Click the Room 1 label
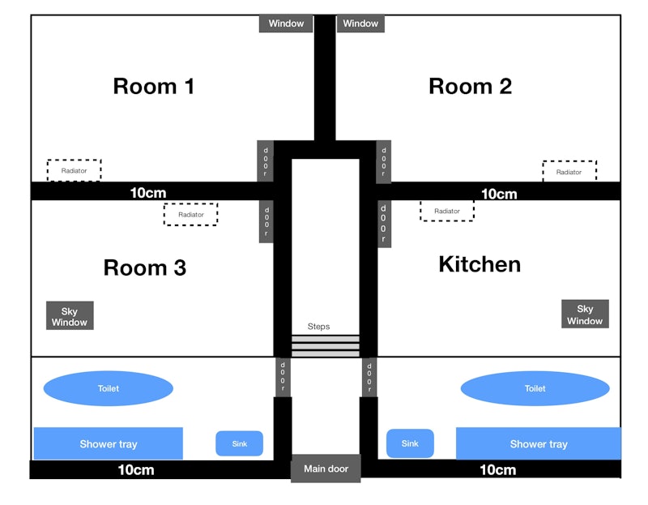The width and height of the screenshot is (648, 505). (x=154, y=87)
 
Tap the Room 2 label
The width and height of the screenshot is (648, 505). (x=471, y=87)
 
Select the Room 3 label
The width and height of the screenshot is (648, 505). (x=145, y=267)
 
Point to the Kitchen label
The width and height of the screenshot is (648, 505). (x=480, y=264)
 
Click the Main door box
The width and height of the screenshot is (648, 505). (x=326, y=469)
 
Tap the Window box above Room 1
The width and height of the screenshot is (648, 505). (x=286, y=24)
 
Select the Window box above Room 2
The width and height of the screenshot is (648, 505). (x=360, y=24)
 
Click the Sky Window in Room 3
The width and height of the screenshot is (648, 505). (x=70, y=315)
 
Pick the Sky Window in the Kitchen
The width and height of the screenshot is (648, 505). (x=585, y=314)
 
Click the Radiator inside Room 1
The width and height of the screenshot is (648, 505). (x=74, y=170)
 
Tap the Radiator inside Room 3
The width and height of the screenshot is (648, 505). (x=190, y=214)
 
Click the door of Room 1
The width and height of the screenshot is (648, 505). (x=266, y=161)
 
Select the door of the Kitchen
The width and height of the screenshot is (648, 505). (x=384, y=224)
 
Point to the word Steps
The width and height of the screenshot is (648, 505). (x=318, y=327)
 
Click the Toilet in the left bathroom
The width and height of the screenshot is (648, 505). (x=109, y=388)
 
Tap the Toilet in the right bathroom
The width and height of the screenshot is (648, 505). (x=535, y=388)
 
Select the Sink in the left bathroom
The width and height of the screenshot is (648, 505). (x=239, y=443)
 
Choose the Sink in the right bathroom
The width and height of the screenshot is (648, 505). (x=410, y=443)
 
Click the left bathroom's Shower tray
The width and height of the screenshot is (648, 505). (x=109, y=443)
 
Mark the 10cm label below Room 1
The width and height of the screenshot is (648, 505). (x=148, y=193)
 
